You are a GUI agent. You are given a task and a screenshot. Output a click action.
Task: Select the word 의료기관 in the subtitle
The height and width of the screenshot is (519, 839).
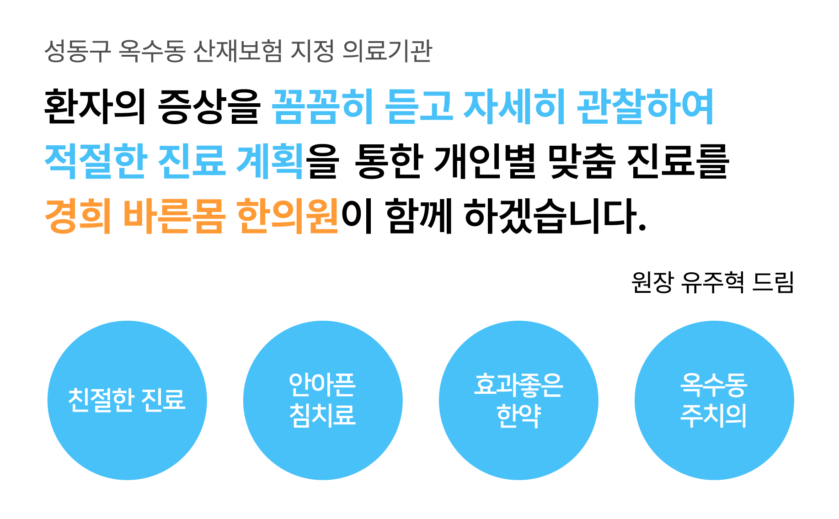pyautogui.click(x=387, y=51)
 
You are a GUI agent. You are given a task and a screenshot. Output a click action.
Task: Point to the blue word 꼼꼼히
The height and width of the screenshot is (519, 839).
pyautogui.click(x=323, y=106)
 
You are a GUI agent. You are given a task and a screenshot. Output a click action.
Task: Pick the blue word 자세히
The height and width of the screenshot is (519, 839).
pyautogui.click(x=514, y=106)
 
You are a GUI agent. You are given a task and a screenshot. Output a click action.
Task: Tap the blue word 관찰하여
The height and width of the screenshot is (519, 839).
pyautogui.click(x=645, y=106)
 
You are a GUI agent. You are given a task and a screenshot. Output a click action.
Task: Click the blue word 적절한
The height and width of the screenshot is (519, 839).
pyautogui.click(x=95, y=161)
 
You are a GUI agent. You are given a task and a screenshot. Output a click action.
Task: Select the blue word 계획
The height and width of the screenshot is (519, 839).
pyautogui.click(x=270, y=161)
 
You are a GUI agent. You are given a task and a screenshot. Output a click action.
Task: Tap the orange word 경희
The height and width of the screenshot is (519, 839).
pyautogui.click(x=78, y=216)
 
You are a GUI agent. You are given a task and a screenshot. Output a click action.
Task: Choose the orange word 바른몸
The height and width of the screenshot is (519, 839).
pyautogui.click(x=174, y=216)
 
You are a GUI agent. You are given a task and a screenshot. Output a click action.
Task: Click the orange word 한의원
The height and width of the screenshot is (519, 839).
pyautogui.click(x=287, y=216)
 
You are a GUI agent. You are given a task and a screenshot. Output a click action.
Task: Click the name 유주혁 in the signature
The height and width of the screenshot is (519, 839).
pyautogui.click(x=712, y=282)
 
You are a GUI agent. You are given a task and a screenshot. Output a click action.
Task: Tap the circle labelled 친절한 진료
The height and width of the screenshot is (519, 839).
pyautogui.click(x=127, y=400)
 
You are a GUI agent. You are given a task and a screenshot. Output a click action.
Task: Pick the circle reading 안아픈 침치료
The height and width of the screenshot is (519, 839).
pyautogui.click(x=323, y=400)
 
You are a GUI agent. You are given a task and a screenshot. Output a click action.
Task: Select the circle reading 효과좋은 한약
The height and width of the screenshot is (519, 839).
pyautogui.click(x=518, y=400)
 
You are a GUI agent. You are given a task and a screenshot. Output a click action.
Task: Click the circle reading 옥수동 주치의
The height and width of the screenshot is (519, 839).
pyautogui.click(x=714, y=400)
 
